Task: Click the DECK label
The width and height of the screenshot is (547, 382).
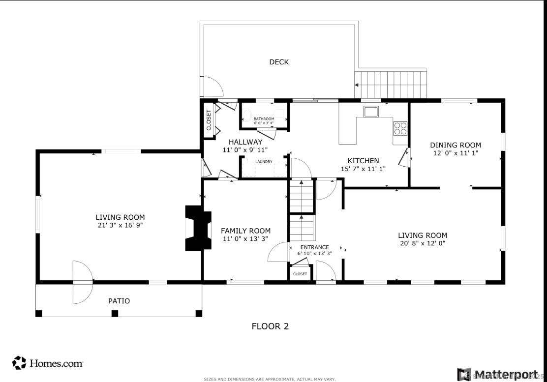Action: click(x=279, y=62)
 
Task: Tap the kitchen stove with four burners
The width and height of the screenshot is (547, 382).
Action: click(x=400, y=128)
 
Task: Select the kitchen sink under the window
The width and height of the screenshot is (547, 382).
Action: click(x=371, y=112)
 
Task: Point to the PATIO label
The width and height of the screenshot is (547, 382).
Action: click(x=119, y=301)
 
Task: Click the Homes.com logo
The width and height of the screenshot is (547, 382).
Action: click(x=48, y=363)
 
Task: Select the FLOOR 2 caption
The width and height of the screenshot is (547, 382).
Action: click(x=270, y=326)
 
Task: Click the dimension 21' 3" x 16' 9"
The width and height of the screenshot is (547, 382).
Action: click(x=120, y=225)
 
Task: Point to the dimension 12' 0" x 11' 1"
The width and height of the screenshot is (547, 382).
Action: click(x=456, y=153)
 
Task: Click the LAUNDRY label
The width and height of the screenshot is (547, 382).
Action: click(x=264, y=161)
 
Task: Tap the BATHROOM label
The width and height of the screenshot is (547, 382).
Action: click(x=264, y=119)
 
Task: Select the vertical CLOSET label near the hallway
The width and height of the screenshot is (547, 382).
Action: click(x=209, y=119)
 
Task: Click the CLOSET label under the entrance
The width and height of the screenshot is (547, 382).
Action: click(x=300, y=274)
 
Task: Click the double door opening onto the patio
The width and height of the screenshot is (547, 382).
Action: click(x=82, y=282)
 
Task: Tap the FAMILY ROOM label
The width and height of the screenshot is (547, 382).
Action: click(x=245, y=231)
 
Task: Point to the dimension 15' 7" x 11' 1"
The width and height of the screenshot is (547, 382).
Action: click(x=363, y=169)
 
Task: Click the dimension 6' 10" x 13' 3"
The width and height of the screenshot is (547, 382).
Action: click(x=314, y=254)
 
